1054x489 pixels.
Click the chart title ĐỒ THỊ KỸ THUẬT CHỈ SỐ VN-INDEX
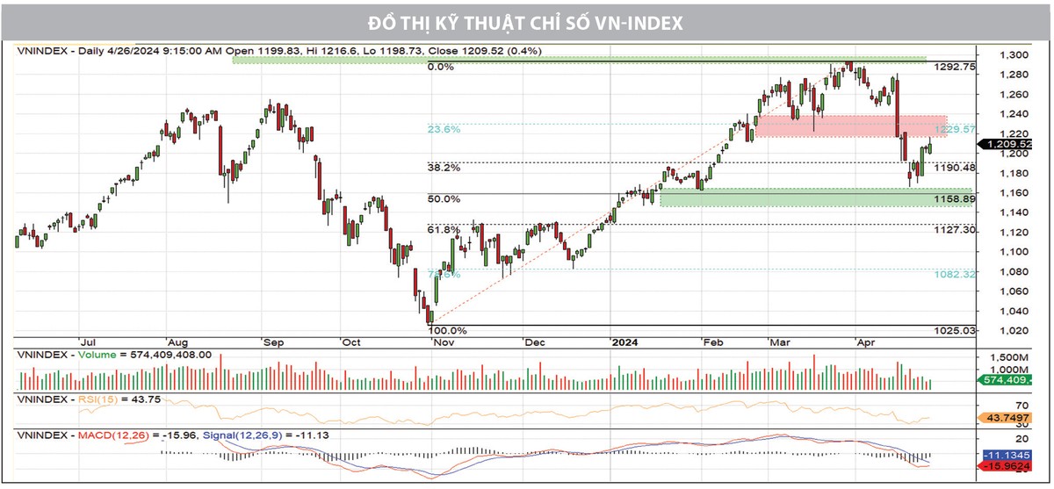[x=527, y=22]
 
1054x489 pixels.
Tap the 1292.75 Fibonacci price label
[x=956, y=67]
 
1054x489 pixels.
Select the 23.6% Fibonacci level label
[x=444, y=129]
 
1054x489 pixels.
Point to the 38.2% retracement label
[x=444, y=167]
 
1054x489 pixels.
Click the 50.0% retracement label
[x=444, y=199]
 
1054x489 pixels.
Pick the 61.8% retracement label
[x=444, y=229]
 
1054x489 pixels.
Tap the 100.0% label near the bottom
[x=446, y=331]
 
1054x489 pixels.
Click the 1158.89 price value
[x=956, y=199]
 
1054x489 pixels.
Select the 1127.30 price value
[x=956, y=229]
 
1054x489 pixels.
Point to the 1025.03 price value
[x=956, y=330]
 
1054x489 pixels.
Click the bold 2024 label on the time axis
[x=625, y=342]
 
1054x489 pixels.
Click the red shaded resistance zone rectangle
[x=850, y=126]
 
